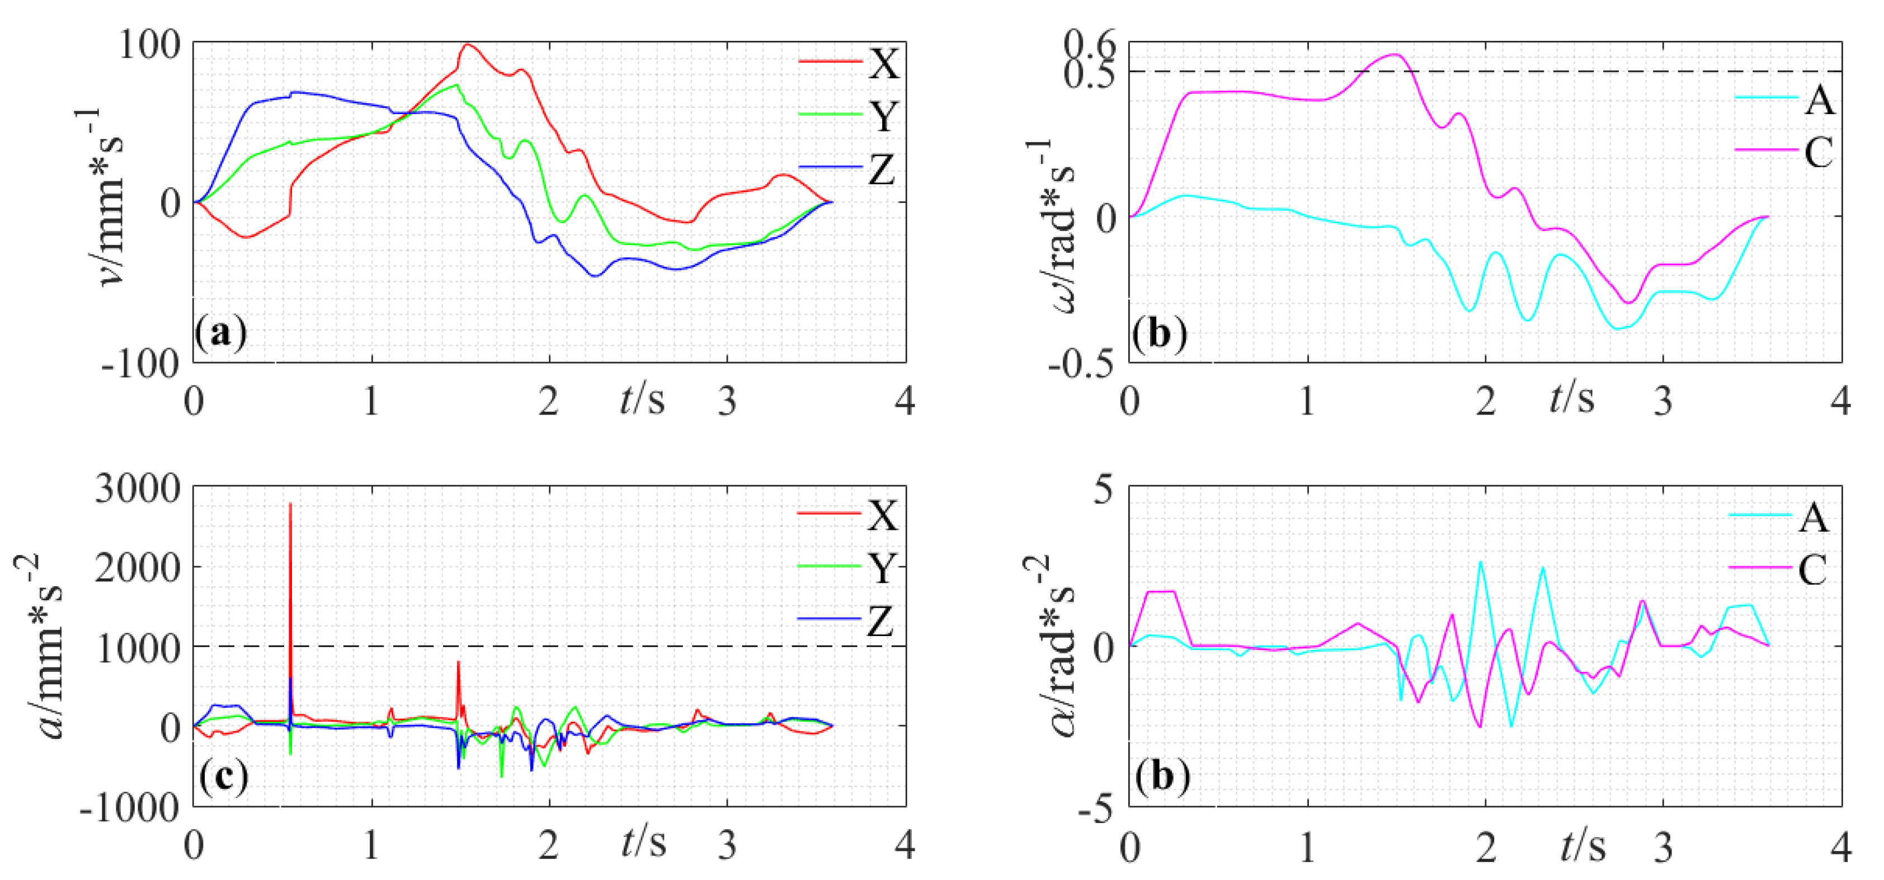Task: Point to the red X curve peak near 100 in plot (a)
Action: click(467, 45)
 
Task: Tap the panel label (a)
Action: click(221, 333)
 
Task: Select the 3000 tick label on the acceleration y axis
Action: click(138, 488)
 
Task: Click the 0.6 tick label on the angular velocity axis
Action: click(1090, 45)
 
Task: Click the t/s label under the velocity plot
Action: click(642, 399)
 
